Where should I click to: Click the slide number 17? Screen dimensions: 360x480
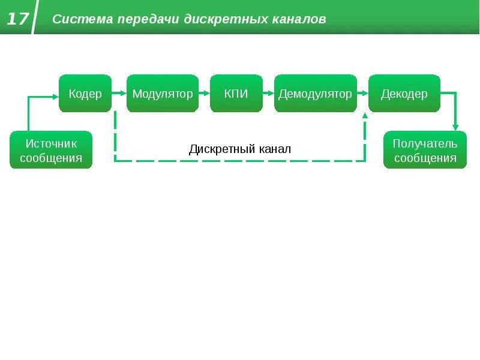[x=17, y=19]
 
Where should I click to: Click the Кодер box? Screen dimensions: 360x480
[x=85, y=94]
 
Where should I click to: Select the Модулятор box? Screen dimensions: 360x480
[x=163, y=94]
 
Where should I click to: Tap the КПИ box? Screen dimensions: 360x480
[x=236, y=94]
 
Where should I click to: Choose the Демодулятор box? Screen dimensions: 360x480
[x=315, y=94]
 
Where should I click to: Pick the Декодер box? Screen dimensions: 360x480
[x=404, y=94]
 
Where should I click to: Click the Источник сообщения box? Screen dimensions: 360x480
[x=51, y=150]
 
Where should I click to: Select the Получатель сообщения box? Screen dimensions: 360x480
[x=425, y=150]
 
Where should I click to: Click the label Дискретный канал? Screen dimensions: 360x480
[x=240, y=149]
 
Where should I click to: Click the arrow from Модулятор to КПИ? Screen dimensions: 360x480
[x=205, y=94]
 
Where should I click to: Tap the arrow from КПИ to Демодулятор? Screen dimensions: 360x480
[x=269, y=94]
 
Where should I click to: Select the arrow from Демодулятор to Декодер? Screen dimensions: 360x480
[x=363, y=94]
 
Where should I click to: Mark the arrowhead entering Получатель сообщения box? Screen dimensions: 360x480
[x=455, y=127]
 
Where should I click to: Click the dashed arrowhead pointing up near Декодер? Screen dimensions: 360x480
[x=365, y=116]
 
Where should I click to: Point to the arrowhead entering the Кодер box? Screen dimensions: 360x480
[x=55, y=94]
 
